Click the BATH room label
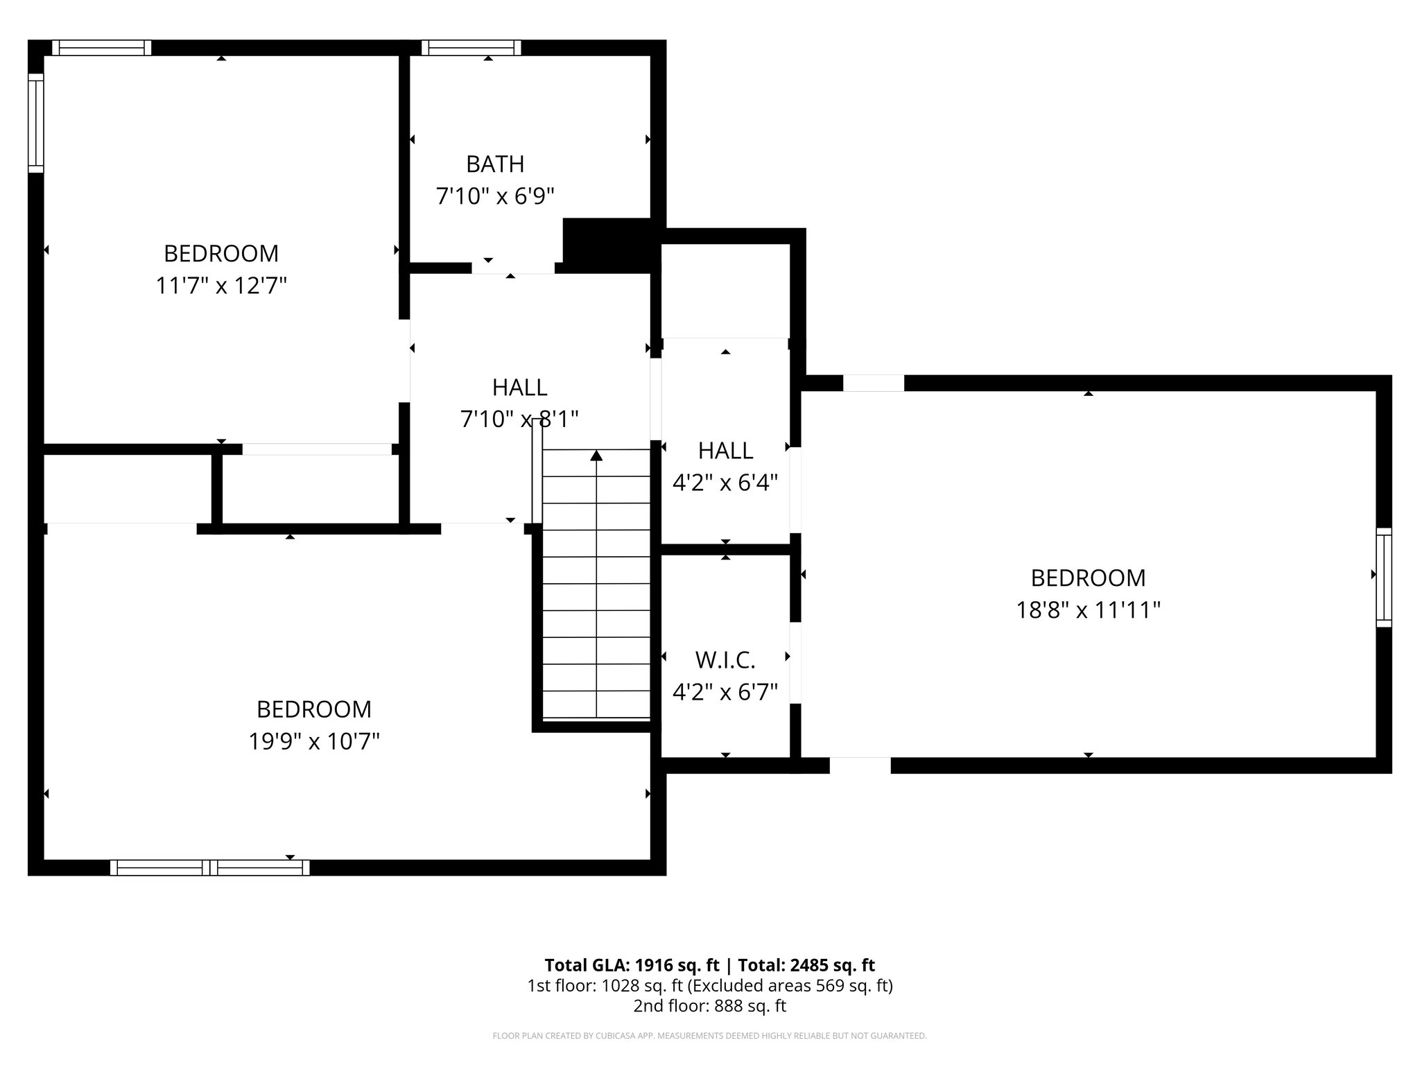coord(494,164)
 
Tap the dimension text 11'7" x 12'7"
coord(221,286)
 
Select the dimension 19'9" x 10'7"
coord(314,742)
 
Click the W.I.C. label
coord(725,660)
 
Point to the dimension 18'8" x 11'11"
coord(1088,610)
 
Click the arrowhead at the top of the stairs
coord(596,456)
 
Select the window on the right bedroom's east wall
coord(1383,577)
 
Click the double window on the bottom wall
coord(209,867)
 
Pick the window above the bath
coord(471,47)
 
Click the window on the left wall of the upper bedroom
coord(35,123)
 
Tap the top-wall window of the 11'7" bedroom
coord(101,47)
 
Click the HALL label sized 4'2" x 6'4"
coord(725,451)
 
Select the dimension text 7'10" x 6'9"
coord(494,196)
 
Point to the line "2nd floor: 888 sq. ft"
coord(709,1005)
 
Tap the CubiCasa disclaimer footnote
coord(709,1036)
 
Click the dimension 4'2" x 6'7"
coord(725,692)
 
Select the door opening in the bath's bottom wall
coord(513,268)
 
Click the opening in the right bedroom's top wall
coord(873,383)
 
